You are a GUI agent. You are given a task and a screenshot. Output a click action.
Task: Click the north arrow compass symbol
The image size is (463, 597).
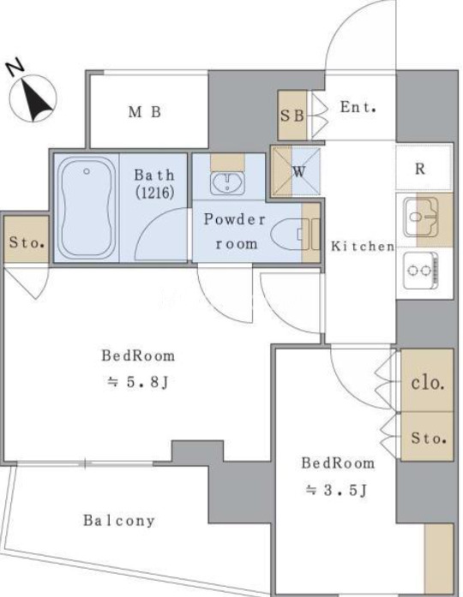point(33,99)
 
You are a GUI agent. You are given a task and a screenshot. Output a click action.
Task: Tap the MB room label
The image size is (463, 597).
point(145,112)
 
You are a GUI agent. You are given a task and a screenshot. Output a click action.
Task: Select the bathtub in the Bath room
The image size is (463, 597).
point(87,208)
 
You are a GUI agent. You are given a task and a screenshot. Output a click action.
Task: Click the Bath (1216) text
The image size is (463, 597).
point(154,184)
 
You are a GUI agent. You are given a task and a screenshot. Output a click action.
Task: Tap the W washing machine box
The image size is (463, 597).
point(295,171)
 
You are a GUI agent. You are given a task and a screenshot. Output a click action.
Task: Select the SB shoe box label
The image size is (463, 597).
point(292,116)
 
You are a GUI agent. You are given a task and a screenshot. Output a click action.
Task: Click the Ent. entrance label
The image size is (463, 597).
point(358,107)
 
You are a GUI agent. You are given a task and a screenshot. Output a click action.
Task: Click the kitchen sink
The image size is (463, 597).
point(421,218)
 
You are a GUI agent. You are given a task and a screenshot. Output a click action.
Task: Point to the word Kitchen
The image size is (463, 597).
point(363,247)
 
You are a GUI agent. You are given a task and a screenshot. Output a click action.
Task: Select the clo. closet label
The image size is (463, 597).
point(428,383)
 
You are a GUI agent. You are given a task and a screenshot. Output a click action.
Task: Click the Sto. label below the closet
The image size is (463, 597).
point(429,439)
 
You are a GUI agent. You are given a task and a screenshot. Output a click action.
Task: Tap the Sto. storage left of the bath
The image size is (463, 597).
point(27,242)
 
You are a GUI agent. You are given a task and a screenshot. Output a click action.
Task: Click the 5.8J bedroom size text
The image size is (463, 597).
point(137,382)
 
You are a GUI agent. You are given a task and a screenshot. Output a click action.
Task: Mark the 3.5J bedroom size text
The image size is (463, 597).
point(336,490)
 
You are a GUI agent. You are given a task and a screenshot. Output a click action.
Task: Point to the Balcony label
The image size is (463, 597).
point(119,521)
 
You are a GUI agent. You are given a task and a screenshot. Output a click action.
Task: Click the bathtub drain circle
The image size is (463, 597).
point(87,171)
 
